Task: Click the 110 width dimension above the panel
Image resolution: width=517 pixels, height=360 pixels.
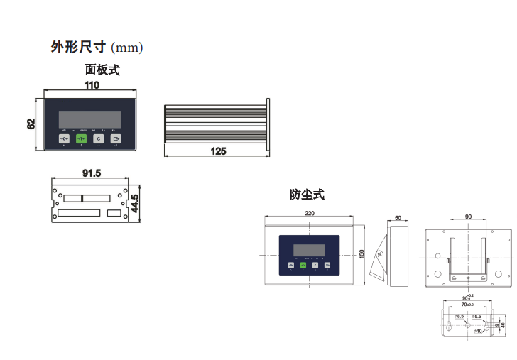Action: click(x=92, y=85)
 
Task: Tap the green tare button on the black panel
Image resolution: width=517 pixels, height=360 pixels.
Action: click(x=81, y=139)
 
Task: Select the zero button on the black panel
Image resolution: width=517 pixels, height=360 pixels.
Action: click(x=64, y=139)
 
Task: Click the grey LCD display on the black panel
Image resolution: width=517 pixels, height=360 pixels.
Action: click(x=89, y=119)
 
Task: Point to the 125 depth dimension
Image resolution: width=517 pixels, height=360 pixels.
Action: click(x=218, y=151)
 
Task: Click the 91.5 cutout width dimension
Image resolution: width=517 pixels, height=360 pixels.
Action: click(x=92, y=173)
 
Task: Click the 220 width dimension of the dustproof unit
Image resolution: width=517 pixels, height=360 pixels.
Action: click(x=310, y=214)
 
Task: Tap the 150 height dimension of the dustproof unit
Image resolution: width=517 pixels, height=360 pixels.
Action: click(x=361, y=253)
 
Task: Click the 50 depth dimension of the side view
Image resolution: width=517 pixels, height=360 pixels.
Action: click(x=398, y=218)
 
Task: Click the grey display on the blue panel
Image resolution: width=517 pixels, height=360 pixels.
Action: click(x=309, y=250)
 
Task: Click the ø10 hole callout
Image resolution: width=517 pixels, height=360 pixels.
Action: click(x=477, y=331)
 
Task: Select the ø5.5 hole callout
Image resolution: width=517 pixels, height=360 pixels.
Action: click(x=477, y=317)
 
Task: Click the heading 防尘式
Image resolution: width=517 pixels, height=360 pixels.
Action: click(x=307, y=194)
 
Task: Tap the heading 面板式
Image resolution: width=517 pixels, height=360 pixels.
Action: click(x=102, y=70)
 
